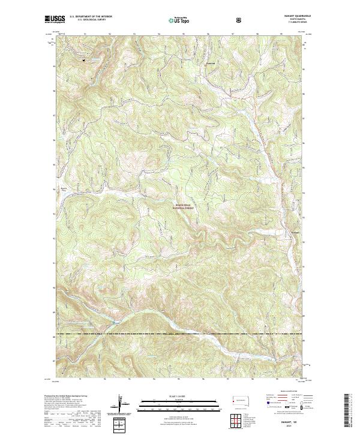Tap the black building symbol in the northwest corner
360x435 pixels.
coord(84,59)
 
